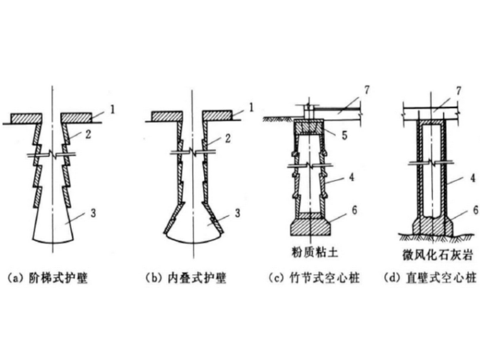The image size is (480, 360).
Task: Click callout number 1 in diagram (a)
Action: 112,110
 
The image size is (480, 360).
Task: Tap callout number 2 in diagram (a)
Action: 88,134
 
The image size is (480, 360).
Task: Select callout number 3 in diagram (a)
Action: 93,213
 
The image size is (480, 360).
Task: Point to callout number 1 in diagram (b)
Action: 251,107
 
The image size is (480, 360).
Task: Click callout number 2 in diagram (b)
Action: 227,138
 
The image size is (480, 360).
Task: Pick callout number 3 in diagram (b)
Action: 237,213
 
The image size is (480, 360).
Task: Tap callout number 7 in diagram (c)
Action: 367,90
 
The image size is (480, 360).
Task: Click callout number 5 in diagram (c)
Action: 345,135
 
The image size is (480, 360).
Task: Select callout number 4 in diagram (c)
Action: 352,177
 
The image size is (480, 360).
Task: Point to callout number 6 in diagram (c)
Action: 354,210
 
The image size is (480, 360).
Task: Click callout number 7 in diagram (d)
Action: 459,91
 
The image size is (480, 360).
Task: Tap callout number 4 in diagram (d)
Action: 473,178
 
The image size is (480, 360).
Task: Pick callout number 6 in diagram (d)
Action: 476,210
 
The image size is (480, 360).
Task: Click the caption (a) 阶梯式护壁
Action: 48,279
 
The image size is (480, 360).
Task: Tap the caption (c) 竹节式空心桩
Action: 314,279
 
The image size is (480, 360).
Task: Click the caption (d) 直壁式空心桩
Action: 430,279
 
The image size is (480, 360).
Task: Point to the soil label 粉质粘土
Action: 315,253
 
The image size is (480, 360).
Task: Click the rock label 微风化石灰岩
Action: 438,255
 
